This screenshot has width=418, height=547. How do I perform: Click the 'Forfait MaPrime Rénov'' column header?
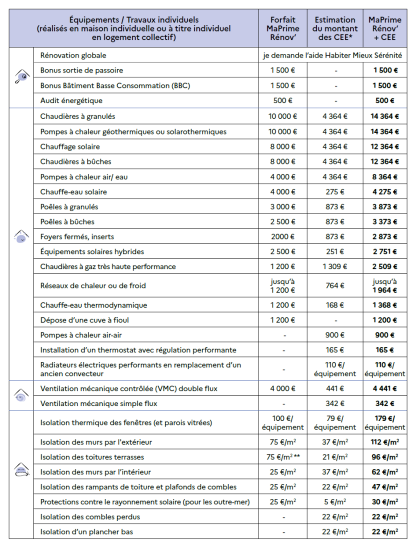coord(283,29)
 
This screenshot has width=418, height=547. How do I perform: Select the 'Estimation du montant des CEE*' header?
coord(335,29)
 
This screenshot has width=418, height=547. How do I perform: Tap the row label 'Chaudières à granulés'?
coord(78,116)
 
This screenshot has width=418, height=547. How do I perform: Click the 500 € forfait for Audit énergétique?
coord(283,101)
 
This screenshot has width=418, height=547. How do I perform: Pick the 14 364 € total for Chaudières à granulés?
coord(385,116)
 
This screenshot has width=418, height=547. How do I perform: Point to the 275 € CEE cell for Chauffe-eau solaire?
coord(335,192)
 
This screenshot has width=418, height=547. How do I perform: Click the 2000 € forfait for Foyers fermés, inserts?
coord(283,237)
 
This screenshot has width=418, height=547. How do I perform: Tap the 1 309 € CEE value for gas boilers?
coord(335,266)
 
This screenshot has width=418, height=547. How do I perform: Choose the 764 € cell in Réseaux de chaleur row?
coord(335,286)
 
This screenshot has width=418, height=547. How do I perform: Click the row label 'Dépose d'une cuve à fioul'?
coord(85,320)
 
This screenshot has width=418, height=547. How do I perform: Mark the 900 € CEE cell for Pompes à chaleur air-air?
coord(335,335)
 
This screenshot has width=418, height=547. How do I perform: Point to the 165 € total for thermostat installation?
coord(385,350)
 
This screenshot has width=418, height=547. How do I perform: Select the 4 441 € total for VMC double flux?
coord(385,389)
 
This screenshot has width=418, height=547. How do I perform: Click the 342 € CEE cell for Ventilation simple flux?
coord(335,403)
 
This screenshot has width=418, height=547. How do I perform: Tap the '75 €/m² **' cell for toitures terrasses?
coord(283,457)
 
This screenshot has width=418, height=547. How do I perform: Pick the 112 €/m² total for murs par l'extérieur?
coord(385,442)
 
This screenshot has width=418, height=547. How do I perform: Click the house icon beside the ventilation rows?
coord(21,396)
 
